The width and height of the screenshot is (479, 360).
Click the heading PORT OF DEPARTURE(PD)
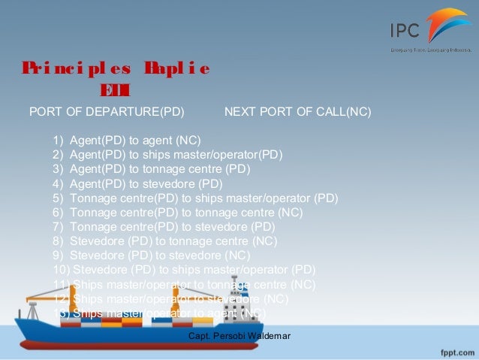click(106, 113)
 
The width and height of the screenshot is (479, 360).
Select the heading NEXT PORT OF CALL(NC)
click(298, 113)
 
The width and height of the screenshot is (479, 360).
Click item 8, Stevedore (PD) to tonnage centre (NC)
click(173, 241)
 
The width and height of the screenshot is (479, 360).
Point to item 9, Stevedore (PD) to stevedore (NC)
click(155, 256)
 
